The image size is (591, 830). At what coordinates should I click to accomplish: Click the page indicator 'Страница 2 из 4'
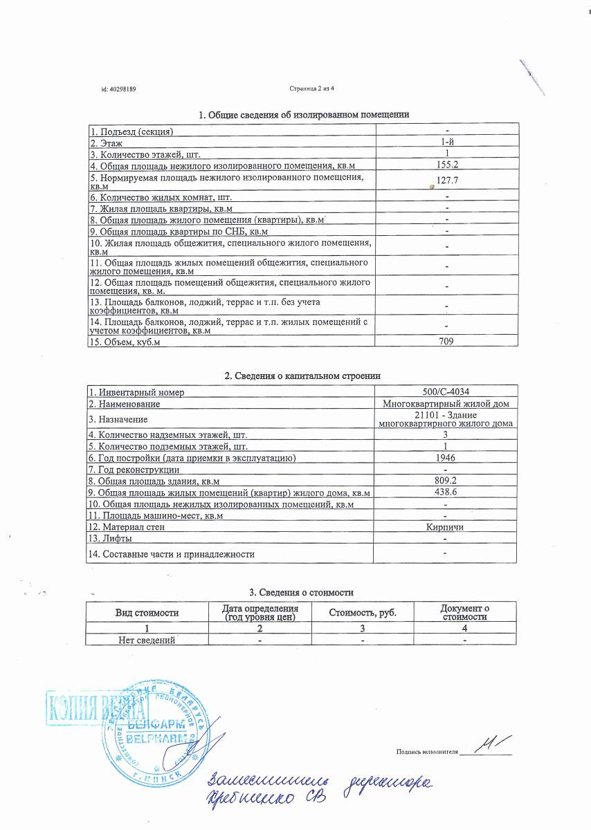pyautogui.click(x=311, y=89)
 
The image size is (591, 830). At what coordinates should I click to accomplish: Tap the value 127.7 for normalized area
pyautogui.click(x=448, y=180)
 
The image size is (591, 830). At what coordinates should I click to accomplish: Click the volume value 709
pyautogui.click(x=447, y=341)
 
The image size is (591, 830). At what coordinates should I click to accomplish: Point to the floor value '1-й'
pyautogui.click(x=447, y=142)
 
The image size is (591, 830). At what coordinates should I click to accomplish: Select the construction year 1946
pyautogui.click(x=446, y=458)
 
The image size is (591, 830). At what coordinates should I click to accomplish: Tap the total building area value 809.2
pyautogui.click(x=446, y=481)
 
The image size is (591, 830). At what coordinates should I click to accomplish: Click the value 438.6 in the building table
pyautogui.click(x=446, y=492)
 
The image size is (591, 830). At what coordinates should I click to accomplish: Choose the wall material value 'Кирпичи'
pyautogui.click(x=446, y=527)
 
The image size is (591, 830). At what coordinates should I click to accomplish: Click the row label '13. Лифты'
pyautogui.click(x=111, y=538)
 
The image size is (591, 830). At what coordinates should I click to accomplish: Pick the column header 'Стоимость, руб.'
pyautogui.click(x=363, y=613)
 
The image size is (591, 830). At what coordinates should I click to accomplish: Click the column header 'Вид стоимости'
pyautogui.click(x=147, y=613)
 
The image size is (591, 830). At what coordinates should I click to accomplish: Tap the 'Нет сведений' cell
pyautogui.click(x=147, y=640)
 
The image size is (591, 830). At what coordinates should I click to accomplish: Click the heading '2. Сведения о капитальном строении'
pyautogui.click(x=303, y=376)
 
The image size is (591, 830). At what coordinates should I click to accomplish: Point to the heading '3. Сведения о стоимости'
pyautogui.click(x=301, y=593)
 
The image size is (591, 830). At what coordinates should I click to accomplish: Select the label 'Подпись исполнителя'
pyautogui.click(x=428, y=751)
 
